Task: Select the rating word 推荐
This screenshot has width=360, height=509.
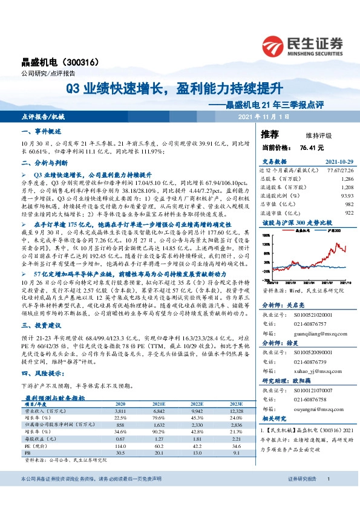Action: point(270,134)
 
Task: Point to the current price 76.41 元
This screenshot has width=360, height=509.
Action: point(312,147)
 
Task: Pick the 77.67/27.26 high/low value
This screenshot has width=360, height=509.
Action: point(339,172)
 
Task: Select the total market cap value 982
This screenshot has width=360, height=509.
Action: point(348,204)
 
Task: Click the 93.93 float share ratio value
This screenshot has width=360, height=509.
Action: point(345,196)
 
